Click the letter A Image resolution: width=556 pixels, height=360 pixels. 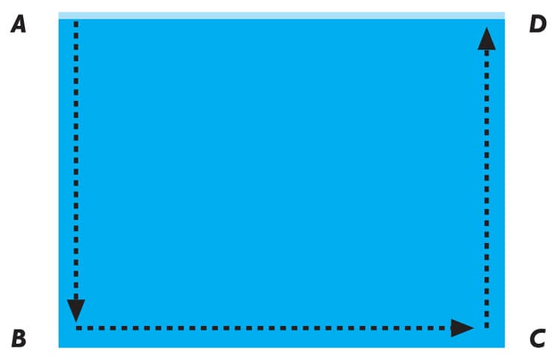[x=19, y=25]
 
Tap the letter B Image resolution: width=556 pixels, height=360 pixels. [x=19, y=338]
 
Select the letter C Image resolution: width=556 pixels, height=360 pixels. [x=537, y=338]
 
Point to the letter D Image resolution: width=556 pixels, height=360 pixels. [x=538, y=24]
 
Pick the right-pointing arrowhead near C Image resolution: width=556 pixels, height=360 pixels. [x=462, y=327]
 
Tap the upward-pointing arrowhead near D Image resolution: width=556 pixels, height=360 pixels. [x=486, y=39]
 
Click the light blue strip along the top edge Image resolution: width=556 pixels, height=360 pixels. [x=282, y=16]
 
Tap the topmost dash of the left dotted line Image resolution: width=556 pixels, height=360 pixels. [x=76, y=24]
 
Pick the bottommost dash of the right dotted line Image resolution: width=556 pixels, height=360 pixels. [x=486, y=325]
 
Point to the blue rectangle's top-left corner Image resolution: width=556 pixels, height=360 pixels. [x=59, y=13]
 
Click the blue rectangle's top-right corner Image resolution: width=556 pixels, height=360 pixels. [x=505, y=13]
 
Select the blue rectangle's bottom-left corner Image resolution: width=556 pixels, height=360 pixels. [x=59, y=347]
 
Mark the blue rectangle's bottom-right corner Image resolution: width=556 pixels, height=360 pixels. [x=505, y=347]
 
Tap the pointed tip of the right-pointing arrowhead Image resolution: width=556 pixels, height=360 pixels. [x=474, y=327]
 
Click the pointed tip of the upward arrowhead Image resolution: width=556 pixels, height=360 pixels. [x=486, y=27]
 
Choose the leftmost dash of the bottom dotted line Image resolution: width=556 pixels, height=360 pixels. [x=79, y=328]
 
